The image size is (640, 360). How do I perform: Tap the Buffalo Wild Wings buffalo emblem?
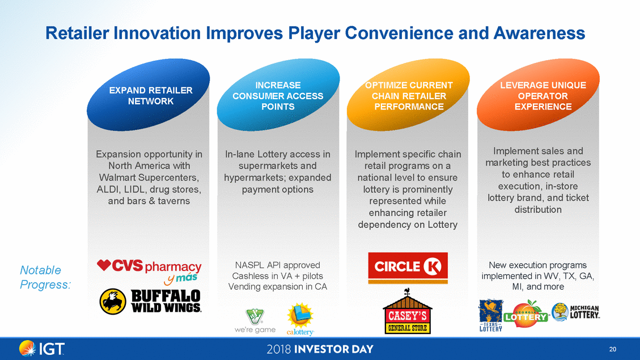click(113, 302)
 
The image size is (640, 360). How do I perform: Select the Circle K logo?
click(408, 268)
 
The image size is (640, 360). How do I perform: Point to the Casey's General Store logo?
click(408, 311)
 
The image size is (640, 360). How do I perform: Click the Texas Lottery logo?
click(490, 315)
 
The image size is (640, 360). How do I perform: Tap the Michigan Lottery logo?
click(575, 312)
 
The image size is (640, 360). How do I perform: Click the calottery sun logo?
click(300, 319)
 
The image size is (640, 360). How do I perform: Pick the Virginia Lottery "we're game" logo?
click(255, 321)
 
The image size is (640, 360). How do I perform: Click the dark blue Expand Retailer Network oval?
click(149, 95)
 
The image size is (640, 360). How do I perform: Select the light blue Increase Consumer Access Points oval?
click(278, 95)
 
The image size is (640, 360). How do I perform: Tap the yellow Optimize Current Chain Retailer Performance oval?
click(408, 95)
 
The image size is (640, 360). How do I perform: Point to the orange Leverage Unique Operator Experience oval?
click(538, 95)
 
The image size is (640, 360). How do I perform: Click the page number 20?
click(613, 349)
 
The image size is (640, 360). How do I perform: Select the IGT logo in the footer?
click(41, 349)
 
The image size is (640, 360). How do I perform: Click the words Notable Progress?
click(45, 277)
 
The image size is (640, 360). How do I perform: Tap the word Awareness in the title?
click(539, 33)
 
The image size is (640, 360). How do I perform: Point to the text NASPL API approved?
click(278, 265)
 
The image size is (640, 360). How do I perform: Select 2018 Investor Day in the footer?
click(320, 349)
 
